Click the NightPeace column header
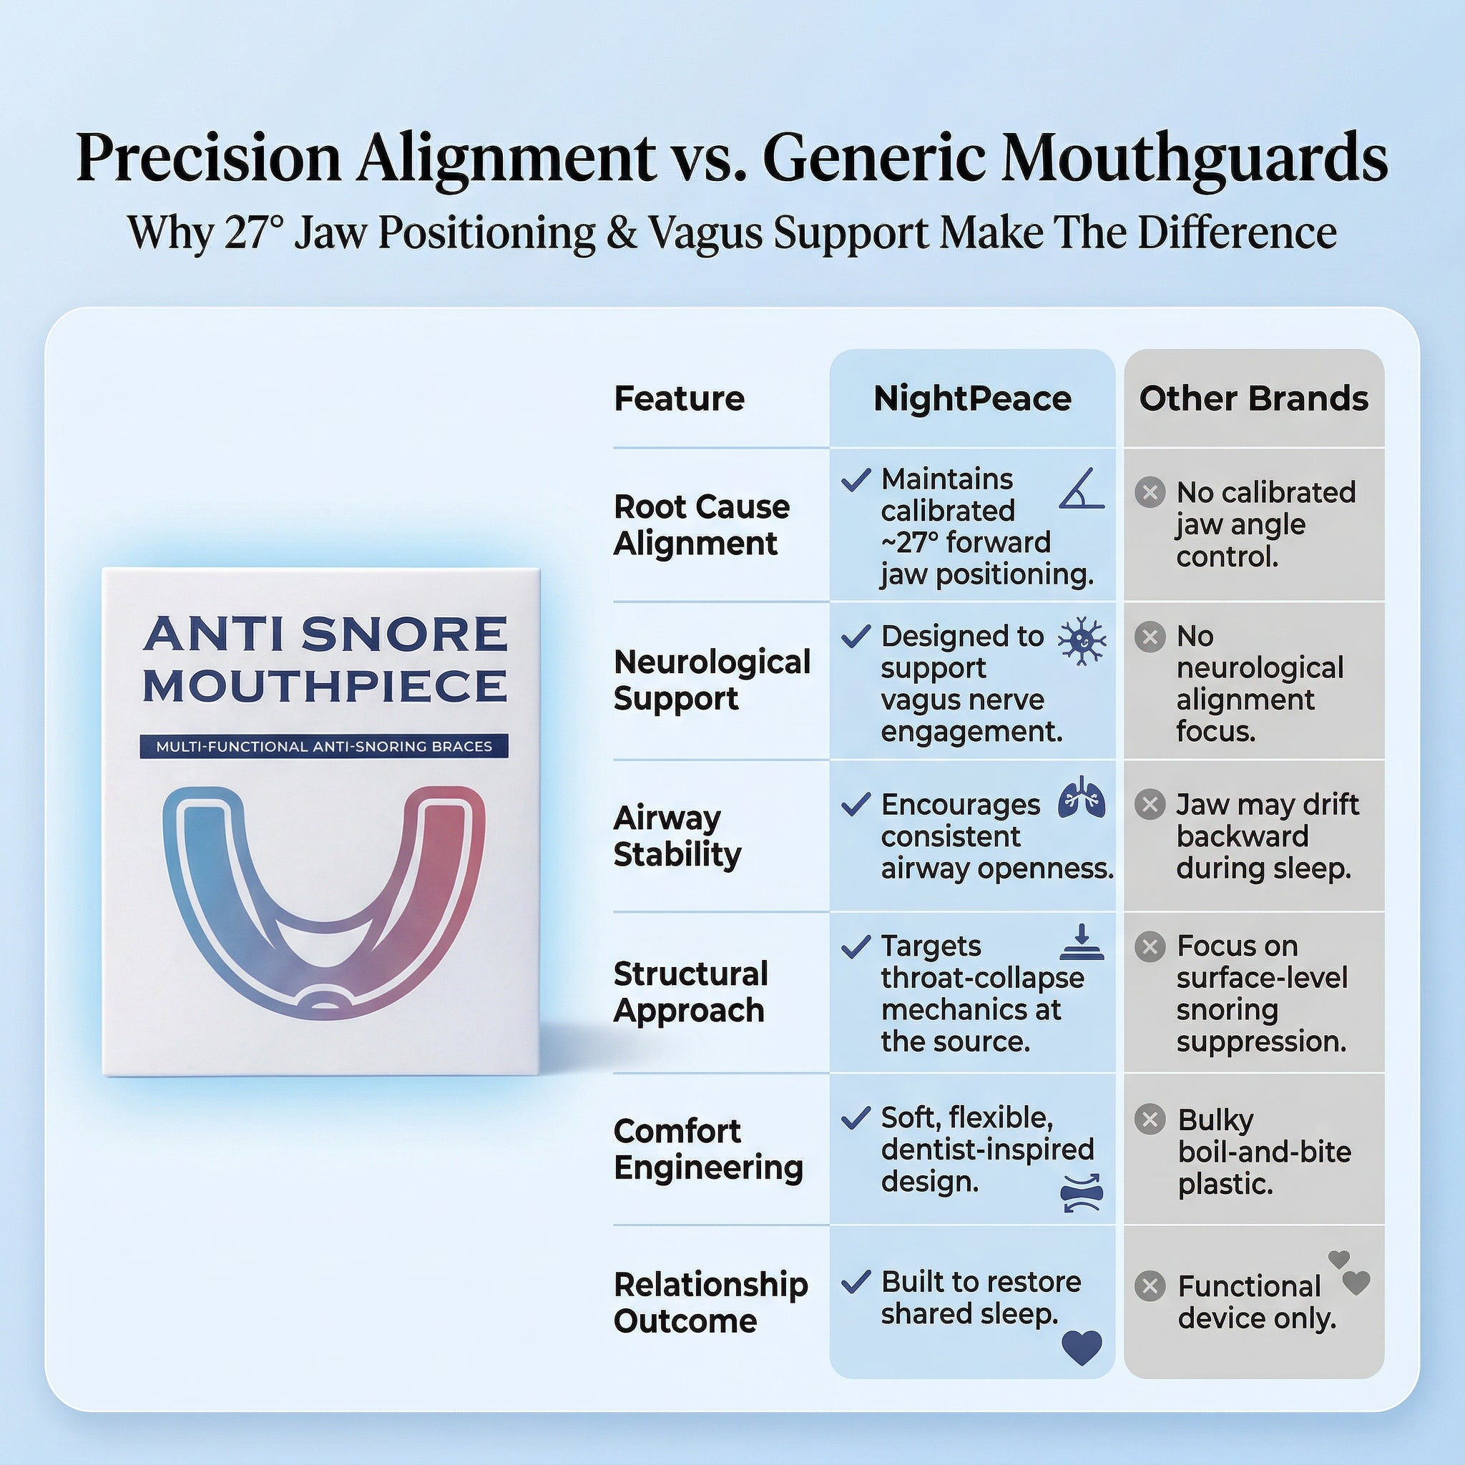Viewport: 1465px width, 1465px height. pyautogui.click(x=972, y=399)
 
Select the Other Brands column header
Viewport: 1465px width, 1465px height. pyautogui.click(x=1253, y=399)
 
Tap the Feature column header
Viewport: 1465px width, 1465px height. pyautogui.click(x=679, y=399)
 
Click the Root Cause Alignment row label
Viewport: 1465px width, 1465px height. pyautogui.click(x=700, y=525)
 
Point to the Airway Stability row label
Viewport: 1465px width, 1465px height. pyautogui.click(x=677, y=836)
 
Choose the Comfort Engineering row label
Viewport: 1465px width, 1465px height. pyautogui.click(x=707, y=1149)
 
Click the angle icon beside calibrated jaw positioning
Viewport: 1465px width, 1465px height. pyautogui.click(x=1082, y=489)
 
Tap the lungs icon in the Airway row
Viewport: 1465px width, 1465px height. pyautogui.click(x=1082, y=798)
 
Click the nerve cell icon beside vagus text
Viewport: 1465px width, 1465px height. pyautogui.click(x=1082, y=642)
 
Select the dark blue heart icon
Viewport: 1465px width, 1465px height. pyautogui.click(x=1082, y=1347)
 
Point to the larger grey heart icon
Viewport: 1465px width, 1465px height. pyautogui.click(x=1356, y=1283)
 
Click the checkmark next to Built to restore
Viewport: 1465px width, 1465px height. pyautogui.click(x=856, y=1283)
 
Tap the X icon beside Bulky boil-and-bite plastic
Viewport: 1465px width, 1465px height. pyautogui.click(x=1150, y=1119)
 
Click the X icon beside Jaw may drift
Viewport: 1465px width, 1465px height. pyautogui.click(x=1150, y=804)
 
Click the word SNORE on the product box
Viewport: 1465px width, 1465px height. pyautogui.click(x=404, y=634)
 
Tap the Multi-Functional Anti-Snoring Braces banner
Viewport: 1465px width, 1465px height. pyautogui.click(x=324, y=746)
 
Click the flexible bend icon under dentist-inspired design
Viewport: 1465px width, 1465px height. pyautogui.click(x=1082, y=1192)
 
